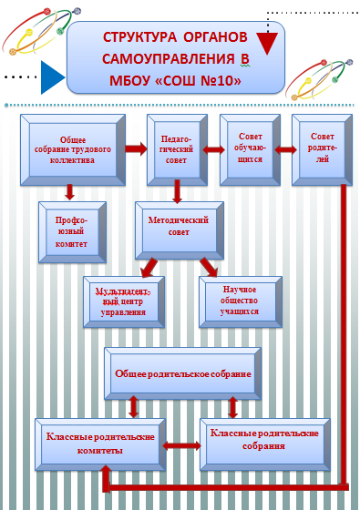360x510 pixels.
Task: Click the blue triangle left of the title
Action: tap(51, 77)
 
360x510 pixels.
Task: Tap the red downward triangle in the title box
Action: tap(267, 43)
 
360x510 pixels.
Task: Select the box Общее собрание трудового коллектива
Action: tap(73, 150)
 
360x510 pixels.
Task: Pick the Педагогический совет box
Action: tap(177, 150)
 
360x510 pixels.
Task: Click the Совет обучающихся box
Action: tap(250, 150)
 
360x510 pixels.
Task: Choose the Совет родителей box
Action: tap(322, 150)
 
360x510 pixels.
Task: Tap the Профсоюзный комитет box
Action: tap(72, 232)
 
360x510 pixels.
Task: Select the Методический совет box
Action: tap(180, 230)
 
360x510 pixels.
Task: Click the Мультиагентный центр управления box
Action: tap(124, 301)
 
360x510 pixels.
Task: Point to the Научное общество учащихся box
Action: tap(241, 301)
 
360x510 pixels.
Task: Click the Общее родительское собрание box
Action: tap(182, 373)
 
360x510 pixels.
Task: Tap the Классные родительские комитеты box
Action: tap(100, 444)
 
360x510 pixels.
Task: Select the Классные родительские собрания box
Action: tap(265, 444)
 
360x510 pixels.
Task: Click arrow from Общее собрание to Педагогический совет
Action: tap(136, 149)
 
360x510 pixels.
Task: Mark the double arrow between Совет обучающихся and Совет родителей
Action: tap(285, 149)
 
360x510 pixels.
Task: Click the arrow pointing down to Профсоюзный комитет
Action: tap(69, 192)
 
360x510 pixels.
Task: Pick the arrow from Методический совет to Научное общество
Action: tap(209, 267)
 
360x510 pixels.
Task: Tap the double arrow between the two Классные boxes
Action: tap(181, 445)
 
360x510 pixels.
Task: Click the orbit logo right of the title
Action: tap(319, 80)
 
